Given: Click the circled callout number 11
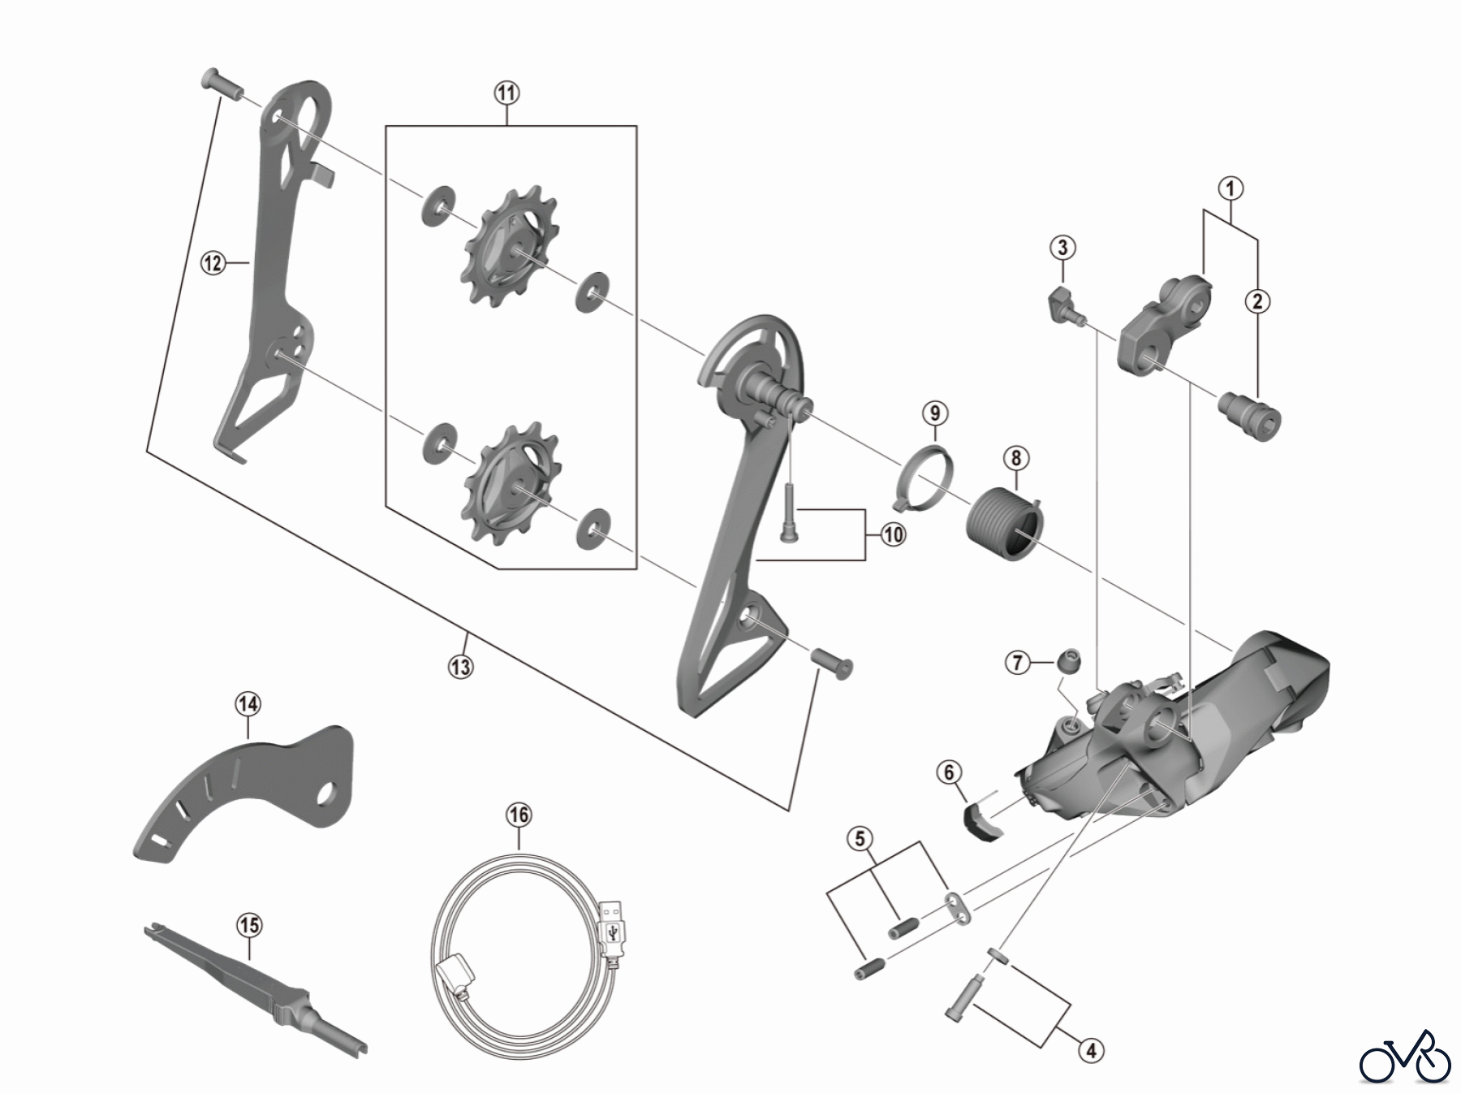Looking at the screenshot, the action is coord(506,93).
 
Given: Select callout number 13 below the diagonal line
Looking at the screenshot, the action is coord(460,667).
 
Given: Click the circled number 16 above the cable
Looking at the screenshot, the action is coord(519,815).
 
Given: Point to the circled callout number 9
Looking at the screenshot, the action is coord(935,413).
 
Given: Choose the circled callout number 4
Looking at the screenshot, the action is coord(1091,1051).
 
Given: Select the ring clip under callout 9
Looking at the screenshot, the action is coord(925,480).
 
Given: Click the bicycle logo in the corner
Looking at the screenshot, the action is coord(1405,1057).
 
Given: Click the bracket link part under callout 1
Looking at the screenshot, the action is coord(1165,327).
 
